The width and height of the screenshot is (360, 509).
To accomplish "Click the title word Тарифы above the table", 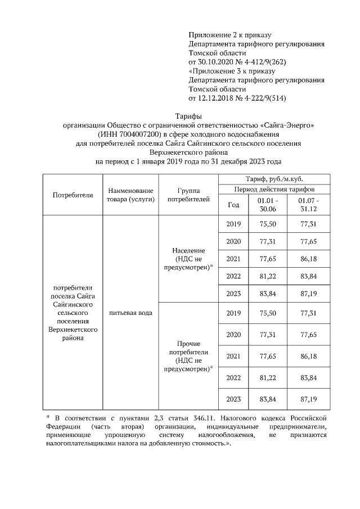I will [x=180, y=115].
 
